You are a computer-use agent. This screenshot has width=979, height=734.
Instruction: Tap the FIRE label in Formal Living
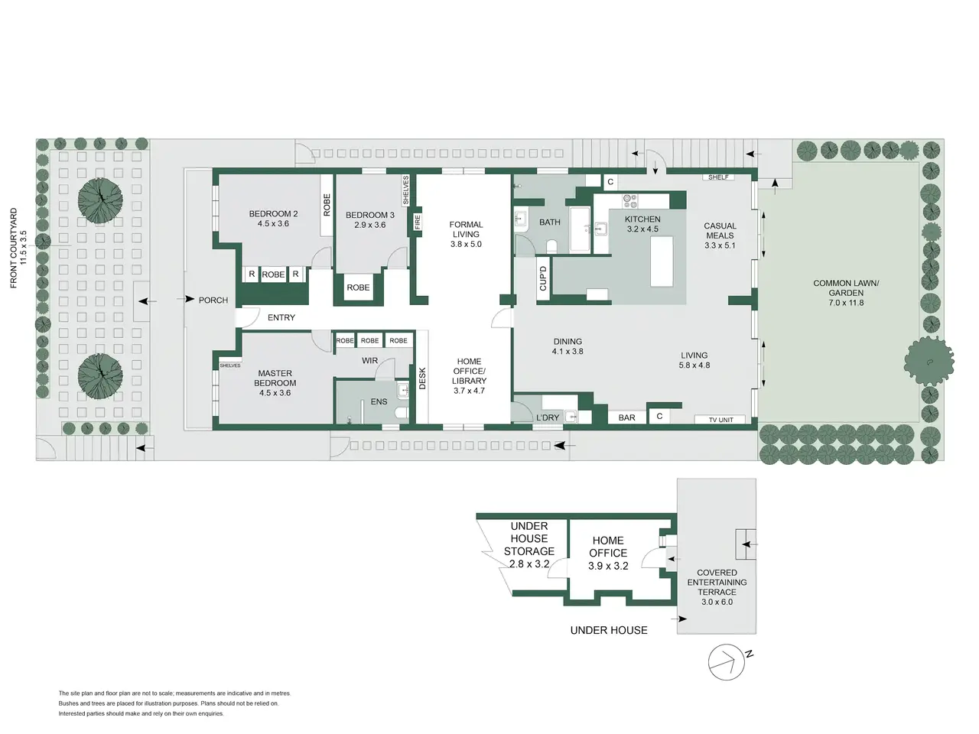tap(418, 222)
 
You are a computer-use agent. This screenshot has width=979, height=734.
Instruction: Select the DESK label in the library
tap(422, 378)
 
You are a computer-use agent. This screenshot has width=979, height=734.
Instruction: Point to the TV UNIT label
tap(720, 420)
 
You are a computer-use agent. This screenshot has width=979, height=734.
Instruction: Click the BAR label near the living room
tap(626, 417)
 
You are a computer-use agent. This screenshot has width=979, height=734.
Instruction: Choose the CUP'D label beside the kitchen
tap(543, 278)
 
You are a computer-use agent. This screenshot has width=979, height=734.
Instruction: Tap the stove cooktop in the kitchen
tap(630, 201)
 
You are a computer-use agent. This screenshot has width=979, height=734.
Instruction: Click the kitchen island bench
tap(662, 261)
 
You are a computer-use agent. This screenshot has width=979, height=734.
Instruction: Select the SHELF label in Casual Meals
tap(718, 177)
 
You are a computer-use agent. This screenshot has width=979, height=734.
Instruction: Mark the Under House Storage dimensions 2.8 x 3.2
tap(529, 564)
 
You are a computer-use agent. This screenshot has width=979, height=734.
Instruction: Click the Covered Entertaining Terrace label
tap(717, 586)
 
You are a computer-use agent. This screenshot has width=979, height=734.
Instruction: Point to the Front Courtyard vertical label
tap(18, 248)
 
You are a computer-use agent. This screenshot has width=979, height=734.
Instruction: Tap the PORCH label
tap(213, 300)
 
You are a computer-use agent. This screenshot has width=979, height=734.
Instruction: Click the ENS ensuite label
tap(379, 401)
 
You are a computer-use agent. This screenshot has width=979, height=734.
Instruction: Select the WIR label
tap(369, 361)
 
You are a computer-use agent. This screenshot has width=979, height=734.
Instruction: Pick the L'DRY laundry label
tap(548, 417)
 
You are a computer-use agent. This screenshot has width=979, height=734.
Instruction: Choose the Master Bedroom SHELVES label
tap(229, 365)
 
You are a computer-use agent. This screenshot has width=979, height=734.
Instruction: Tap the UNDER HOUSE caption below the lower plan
tap(609, 630)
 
